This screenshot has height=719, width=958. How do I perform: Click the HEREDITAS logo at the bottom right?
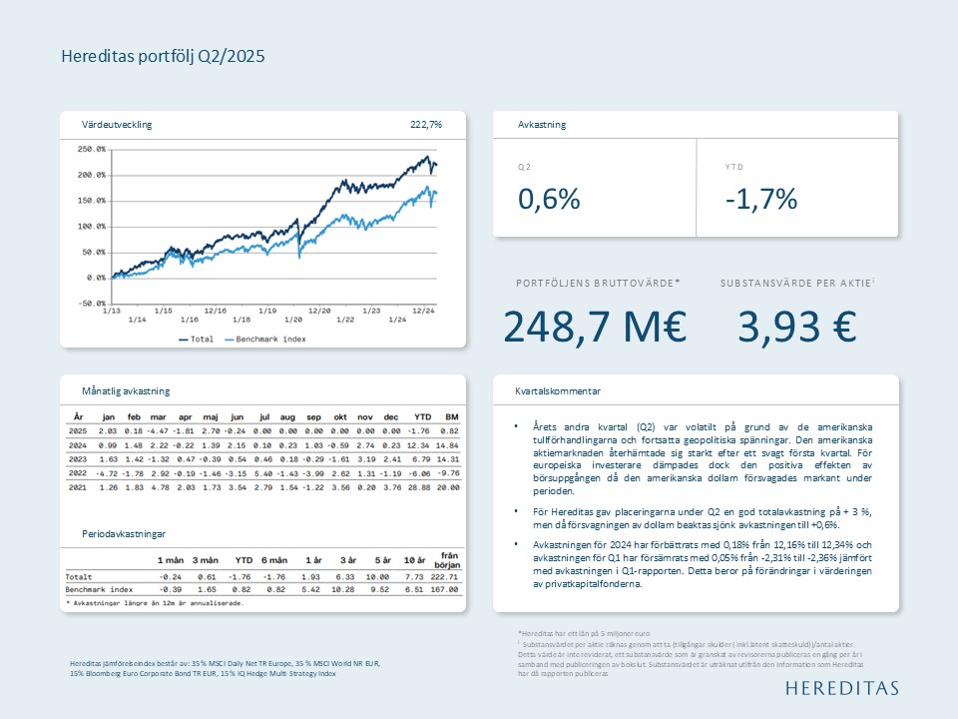click(841, 688)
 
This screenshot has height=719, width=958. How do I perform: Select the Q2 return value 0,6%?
click(549, 199)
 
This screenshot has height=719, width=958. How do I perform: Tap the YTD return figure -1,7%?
click(760, 199)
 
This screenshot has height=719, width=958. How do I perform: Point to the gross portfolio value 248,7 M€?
click(595, 327)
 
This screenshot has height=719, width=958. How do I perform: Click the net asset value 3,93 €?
click(797, 327)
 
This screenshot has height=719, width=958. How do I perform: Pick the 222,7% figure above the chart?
click(426, 125)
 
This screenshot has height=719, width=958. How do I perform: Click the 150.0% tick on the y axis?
click(91, 201)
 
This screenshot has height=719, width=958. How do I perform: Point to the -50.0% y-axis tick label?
click(91, 304)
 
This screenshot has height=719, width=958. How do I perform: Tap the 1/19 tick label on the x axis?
click(267, 311)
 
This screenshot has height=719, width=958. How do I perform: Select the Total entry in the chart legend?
click(201, 340)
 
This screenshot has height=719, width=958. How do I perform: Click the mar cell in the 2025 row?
click(158, 430)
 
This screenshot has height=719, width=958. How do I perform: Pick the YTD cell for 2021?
click(422, 486)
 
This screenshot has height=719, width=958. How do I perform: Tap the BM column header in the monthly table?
click(451, 416)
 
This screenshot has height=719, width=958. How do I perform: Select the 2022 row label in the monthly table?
click(77, 472)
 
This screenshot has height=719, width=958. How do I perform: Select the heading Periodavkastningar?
click(124, 534)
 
